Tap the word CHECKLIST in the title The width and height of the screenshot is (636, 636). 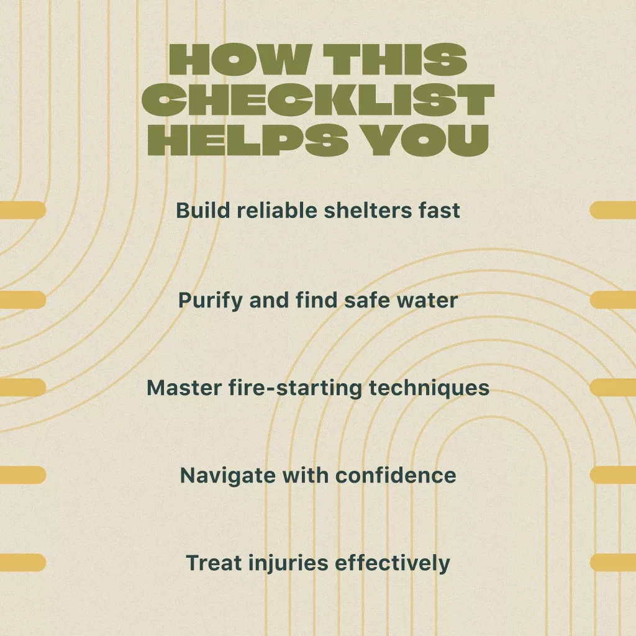click(318, 100)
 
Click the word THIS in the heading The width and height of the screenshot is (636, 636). click(395, 60)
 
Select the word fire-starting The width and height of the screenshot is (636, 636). click(295, 388)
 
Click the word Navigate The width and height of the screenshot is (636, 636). click(227, 475)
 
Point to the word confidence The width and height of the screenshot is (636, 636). click(396, 475)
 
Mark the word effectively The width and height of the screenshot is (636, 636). click(393, 563)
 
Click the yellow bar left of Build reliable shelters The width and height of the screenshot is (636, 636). click(23, 210)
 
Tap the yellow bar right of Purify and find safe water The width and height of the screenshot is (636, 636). click(613, 299)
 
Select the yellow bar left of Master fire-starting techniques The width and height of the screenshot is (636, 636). click(23, 388)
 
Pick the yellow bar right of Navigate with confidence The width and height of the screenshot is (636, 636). click(613, 475)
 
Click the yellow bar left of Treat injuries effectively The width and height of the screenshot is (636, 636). click(23, 562)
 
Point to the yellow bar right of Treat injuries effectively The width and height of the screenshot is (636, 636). click(613, 562)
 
